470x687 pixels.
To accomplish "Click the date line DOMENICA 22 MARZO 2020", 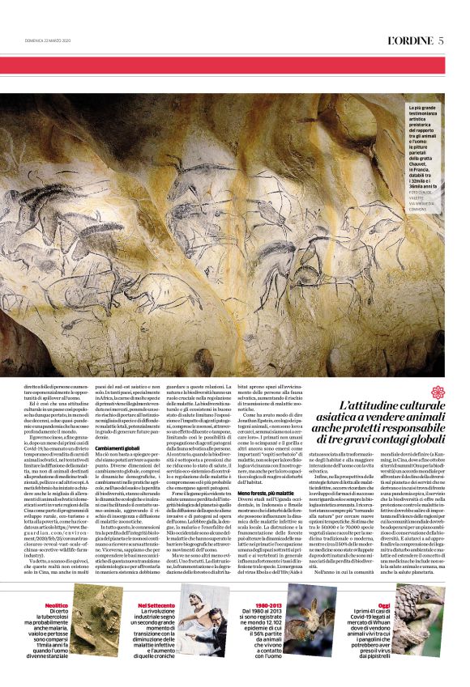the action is coord(50,43).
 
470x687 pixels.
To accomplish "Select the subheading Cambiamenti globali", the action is coord(117,447).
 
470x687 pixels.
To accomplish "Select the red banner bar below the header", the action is coord(234,66).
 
